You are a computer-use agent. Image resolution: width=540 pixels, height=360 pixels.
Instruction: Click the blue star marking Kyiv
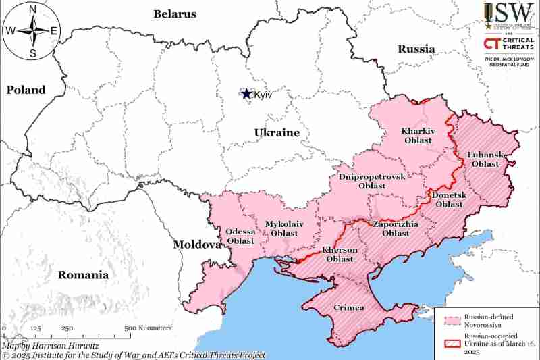click(247, 95)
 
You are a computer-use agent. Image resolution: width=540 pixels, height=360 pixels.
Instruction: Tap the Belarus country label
click(175, 14)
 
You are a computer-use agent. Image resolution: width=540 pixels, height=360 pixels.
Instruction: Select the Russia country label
click(416, 49)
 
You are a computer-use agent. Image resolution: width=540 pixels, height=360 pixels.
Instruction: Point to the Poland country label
click(26, 90)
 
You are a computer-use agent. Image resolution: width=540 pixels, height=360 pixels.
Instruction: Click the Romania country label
click(83, 275)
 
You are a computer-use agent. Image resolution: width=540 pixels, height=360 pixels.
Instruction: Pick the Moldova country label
click(196, 244)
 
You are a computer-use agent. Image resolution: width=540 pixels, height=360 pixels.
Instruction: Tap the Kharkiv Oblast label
click(418, 135)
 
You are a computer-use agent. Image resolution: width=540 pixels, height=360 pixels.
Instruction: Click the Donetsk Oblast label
click(448, 199)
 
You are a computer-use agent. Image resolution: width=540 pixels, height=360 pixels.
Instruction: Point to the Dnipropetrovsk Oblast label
click(372, 180)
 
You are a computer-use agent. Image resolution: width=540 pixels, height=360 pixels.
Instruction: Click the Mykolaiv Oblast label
click(284, 228)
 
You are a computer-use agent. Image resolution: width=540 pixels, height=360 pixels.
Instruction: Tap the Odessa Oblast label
click(240, 236)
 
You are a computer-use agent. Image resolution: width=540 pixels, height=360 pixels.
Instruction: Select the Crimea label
click(349, 308)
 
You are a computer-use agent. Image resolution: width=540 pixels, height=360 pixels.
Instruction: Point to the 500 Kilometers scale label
click(148, 328)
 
